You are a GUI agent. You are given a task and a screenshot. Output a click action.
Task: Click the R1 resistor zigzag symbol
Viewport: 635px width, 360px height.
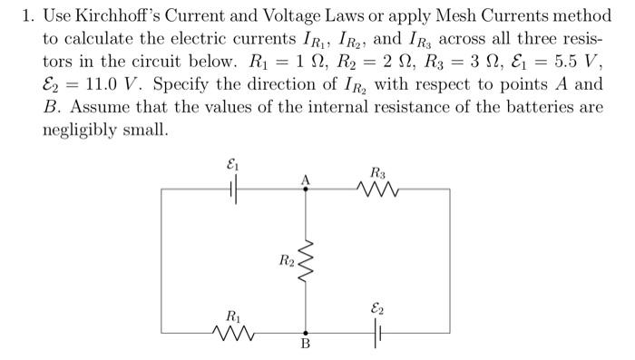[233, 333]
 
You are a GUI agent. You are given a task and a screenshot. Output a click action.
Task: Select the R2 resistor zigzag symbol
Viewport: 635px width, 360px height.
[306, 261]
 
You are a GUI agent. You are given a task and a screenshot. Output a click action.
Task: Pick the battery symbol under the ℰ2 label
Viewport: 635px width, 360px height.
[377, 333]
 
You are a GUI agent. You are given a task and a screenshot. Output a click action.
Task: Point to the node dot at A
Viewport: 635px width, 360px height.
[306, 190]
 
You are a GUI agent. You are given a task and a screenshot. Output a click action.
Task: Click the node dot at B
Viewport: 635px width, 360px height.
[306, 333]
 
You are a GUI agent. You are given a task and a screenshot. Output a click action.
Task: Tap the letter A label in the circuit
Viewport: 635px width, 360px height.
[306, 180]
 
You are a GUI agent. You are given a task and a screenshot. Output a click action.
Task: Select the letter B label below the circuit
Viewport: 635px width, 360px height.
[306, 345]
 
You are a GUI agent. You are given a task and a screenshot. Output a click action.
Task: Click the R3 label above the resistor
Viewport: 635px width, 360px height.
[377, 171]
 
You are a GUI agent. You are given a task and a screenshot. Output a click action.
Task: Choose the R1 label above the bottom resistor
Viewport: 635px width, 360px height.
[233, 316]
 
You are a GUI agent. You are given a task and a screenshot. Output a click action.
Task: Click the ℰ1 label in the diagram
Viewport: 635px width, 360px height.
[233, 166]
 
